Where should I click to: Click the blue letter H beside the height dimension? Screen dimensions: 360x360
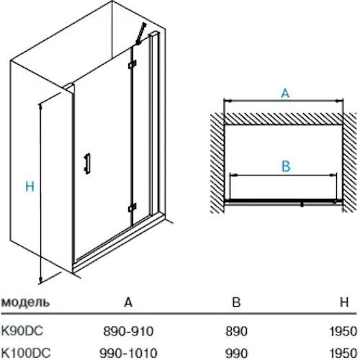pos(30,186)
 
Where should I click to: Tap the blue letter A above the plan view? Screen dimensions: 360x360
pos(285,93)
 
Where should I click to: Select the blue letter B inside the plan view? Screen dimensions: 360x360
pos(286,166)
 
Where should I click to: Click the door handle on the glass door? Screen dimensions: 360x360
pos(87,163)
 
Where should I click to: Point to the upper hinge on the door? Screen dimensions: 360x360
pos(132,64)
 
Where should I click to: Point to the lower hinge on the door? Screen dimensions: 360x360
pos(132,207)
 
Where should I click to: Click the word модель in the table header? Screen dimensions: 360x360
pos(25,302)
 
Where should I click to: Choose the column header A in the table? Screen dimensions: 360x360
pos(128,302)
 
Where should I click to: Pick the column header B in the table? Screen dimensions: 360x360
pos(236,302)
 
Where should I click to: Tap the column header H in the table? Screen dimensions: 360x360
pos(344,302)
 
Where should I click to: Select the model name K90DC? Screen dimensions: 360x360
pos(22,331)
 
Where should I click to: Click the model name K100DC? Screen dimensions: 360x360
pos(26,353)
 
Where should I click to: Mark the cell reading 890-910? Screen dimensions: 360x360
pos(128,331)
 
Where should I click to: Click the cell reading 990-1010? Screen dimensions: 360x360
pos(128,354)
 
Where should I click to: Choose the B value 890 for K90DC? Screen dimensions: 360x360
pos(236,331)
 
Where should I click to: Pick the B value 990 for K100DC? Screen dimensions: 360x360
pos(236,354)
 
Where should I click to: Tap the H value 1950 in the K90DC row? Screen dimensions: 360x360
pos(343,331)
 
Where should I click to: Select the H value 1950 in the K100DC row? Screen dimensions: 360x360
pos(343,354)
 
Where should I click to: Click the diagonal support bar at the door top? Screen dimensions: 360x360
pos(141,34)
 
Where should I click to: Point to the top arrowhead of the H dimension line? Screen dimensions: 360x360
pos(41,106)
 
